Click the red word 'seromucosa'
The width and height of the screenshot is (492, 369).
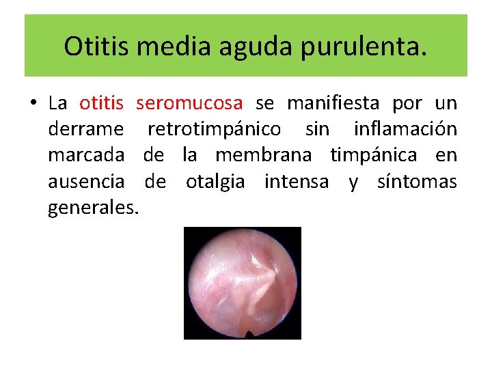(189, 103)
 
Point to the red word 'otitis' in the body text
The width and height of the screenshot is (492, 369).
(101, 103)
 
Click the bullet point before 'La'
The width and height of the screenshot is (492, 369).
(32, 104)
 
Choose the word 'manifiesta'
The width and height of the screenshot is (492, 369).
(333, 103)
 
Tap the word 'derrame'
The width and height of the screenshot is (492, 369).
(86, 129)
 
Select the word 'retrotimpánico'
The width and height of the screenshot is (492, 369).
(214, 129)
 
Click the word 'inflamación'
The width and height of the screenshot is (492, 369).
(405, 129)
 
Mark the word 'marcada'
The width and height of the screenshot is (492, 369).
(86, 155)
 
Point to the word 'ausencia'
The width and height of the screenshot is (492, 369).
(86, 182)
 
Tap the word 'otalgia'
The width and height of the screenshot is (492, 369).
(219, 182)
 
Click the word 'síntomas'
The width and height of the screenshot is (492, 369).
(418, 182)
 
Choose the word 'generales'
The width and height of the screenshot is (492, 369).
(92, 208)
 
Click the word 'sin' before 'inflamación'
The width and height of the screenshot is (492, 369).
(317, 129)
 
